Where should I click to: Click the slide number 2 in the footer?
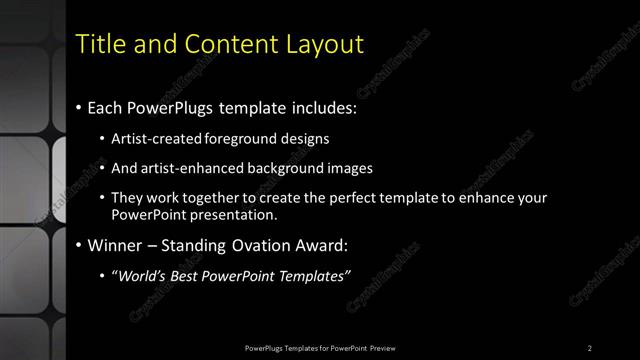pos(590,347)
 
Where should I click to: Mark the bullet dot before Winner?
pos(79,245)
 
